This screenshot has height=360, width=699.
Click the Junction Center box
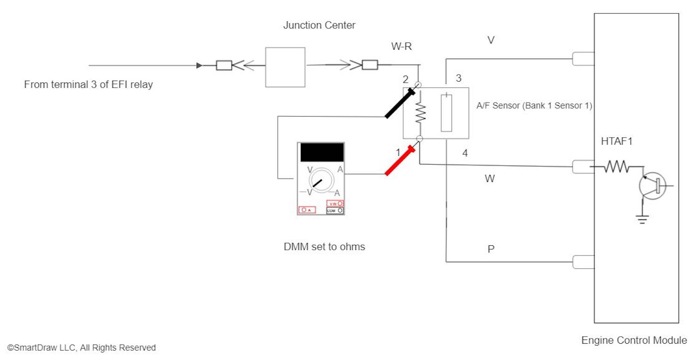click(285, 67)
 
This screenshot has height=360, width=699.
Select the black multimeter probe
click(400, 103)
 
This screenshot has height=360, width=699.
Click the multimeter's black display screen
click(322, 152)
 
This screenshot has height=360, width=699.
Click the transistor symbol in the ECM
click(652, 186)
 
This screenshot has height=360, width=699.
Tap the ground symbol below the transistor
click(643, 220)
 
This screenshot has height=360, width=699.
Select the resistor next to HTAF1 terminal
click(617, 166)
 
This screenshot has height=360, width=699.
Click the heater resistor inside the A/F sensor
click(420, 113)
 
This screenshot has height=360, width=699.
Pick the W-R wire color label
click(401, 47)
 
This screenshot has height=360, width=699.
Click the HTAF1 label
click(617, 141)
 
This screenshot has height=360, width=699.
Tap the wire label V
click(491, 41)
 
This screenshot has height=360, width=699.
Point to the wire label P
click(491, 249)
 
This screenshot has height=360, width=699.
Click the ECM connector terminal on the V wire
click(583, 59)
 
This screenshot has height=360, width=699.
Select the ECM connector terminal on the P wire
click(583, 262)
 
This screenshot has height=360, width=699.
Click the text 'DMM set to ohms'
click(324, 247)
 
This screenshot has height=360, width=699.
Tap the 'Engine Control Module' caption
click(634, 340)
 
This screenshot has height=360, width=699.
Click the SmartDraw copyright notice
click(82, 348)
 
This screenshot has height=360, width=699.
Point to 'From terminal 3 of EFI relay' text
click(89, 85)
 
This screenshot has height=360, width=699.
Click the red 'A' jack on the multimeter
click(307, 210)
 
